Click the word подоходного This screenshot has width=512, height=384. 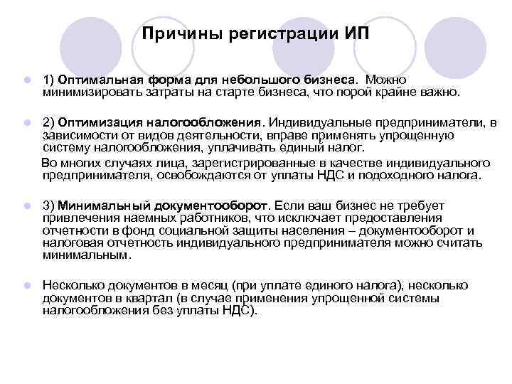pyautogui.click(x=407, y=174)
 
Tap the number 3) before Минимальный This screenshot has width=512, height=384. pyautogui.click(x=49, y=205)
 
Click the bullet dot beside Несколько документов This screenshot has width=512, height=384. pyautogui.click(x=26, y=285)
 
